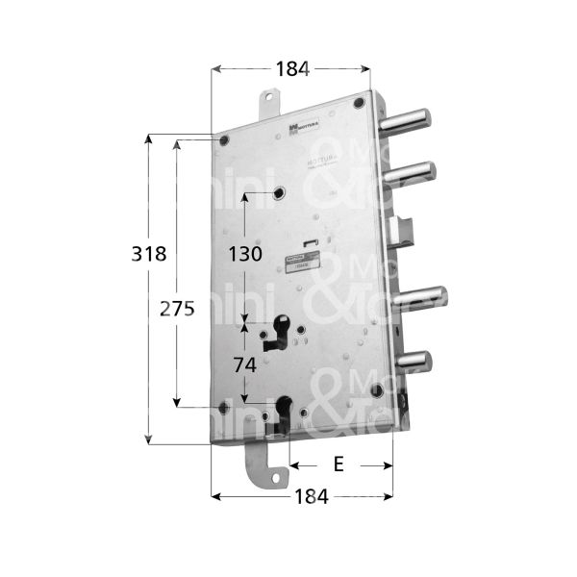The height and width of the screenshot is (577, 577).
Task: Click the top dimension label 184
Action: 291,68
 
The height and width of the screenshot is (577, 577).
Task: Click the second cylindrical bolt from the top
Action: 414,172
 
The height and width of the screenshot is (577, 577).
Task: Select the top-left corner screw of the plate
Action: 225,141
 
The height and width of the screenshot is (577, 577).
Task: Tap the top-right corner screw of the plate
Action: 359,104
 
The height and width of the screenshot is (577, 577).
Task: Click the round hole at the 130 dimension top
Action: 279,194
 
